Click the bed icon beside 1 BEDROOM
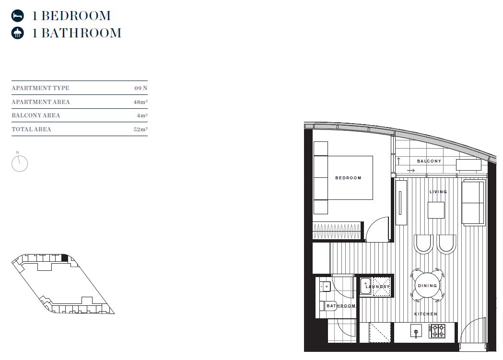point(18,16)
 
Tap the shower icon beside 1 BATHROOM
point(18,33)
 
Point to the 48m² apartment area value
point(140,102)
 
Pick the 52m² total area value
point(140,129)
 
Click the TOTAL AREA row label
point(31,129)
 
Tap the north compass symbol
point(19,163)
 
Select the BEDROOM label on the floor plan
point(348,178)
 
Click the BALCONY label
point(429,161)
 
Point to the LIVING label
point(438,192)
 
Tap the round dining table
point(427,286)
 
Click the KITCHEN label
point(426,314)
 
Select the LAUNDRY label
point(378,287)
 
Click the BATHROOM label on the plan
point(341,306)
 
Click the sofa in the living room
point(473,203)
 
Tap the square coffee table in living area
point(436,210)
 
